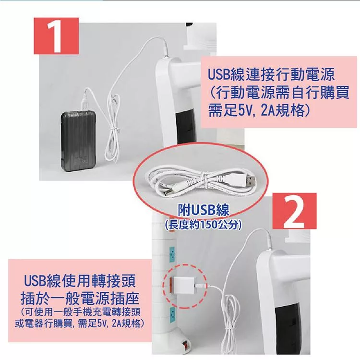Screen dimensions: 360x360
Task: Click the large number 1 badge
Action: coord(56,36)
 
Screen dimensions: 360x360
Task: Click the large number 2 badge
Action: coord(294,211)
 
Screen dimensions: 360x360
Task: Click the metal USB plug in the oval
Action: coord(249,180)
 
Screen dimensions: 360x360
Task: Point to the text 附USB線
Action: coord(204,210)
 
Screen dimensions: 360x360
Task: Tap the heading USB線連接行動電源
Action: coord(271,74)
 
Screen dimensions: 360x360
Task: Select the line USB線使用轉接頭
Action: coord(80,281)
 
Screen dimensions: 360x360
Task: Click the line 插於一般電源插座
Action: coord(80,299)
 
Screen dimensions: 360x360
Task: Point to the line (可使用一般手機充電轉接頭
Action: coord(80,312)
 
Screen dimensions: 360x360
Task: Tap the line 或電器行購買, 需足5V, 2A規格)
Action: coord(80,324)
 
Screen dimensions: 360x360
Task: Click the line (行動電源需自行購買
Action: coord(279,93)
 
